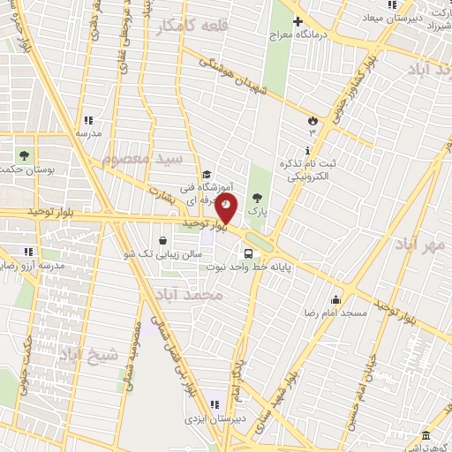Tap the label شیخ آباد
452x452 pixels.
(87, 355)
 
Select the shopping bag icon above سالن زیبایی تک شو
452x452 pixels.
(162, 240)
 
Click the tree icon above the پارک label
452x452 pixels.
(257, 198)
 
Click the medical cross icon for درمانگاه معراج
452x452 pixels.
(298, 20)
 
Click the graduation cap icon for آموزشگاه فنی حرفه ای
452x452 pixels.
(207, 174)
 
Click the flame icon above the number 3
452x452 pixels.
(311, 119)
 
